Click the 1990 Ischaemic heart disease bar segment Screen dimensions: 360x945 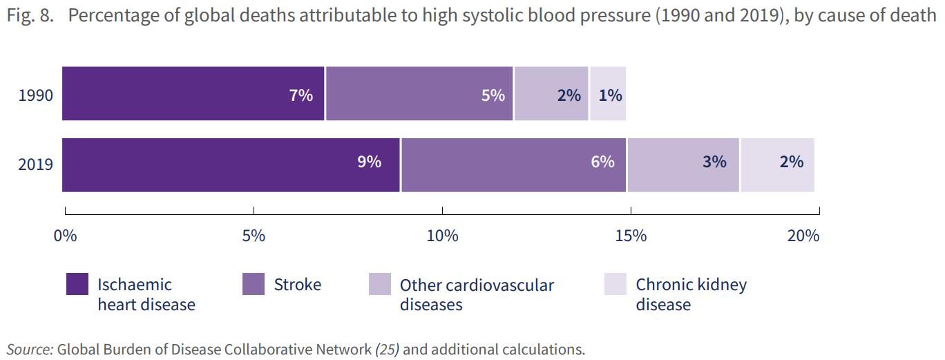(x=193, y=94)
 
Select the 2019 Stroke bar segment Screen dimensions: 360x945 (x=513, y=164)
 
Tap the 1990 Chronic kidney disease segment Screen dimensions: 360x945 (x=608, y=94)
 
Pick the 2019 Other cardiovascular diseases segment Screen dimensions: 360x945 (x=683, y=164)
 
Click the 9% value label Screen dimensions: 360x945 (x=370, y=162)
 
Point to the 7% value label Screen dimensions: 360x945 (x=301, y=95)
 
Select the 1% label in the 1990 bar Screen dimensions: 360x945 (x=611, y=95)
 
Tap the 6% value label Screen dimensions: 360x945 (x=602, y=162)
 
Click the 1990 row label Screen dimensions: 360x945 (x=35, y=95)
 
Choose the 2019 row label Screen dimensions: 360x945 (x=35, y=165)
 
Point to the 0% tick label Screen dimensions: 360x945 (x=65, y=236)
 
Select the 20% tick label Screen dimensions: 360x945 (x=803, y=236)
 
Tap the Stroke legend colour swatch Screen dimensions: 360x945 (x=254, y=284)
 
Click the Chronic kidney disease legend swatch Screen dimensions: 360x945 (x=615, y=284)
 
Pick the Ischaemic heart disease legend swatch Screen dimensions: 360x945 (x=77, y=284)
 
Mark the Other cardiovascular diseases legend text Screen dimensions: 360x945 (x=477, y=294)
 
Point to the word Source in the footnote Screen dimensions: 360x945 (x=30, y=350)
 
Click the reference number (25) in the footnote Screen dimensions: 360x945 (x=387, y=350)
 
